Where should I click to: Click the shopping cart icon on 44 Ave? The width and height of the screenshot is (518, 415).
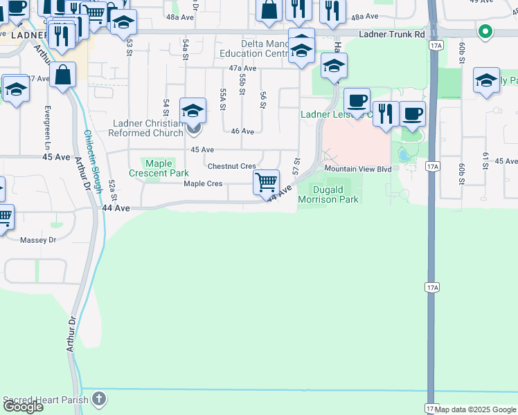coord(267,183)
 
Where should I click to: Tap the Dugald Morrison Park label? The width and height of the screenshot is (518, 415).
coord(328,194)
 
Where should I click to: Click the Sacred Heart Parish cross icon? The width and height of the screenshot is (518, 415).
coord(100,398)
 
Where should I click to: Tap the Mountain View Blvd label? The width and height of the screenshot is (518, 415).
coord(358,169)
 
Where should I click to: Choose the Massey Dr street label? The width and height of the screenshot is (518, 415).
coord(37,240)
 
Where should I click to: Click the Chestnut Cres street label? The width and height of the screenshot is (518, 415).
coord(231,166)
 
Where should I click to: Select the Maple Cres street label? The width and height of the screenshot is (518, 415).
coord(203,183)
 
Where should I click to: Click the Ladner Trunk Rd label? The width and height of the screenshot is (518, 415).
coord(391,34)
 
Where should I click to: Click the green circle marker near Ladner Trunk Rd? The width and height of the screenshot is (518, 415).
coord(485,30)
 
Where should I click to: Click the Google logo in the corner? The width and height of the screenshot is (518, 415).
coord(23,407)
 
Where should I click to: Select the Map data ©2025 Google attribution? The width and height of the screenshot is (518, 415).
coord(475,409)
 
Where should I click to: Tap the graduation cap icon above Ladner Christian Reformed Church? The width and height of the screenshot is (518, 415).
coord(193,111)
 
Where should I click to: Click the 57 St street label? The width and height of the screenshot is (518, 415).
coord(296,167)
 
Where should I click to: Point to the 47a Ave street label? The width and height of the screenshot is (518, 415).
coord(242,68)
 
